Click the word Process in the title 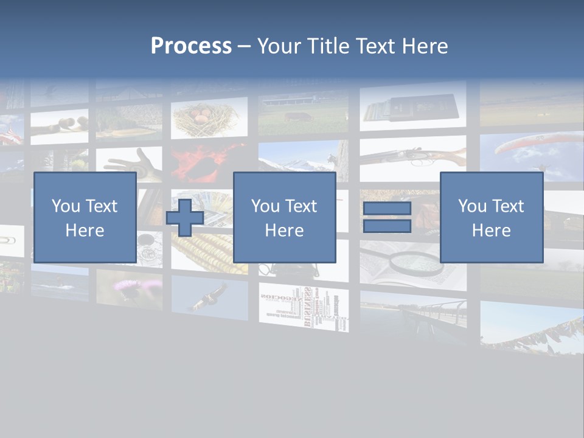[x=191, y=46]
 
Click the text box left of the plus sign [x=85, y=217]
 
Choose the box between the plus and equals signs [x=284, y=217]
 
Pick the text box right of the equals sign [x=491, y=217]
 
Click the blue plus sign [x=185, y=218]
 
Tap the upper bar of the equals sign [x=387, y=209]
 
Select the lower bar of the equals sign [x=387, y=226]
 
